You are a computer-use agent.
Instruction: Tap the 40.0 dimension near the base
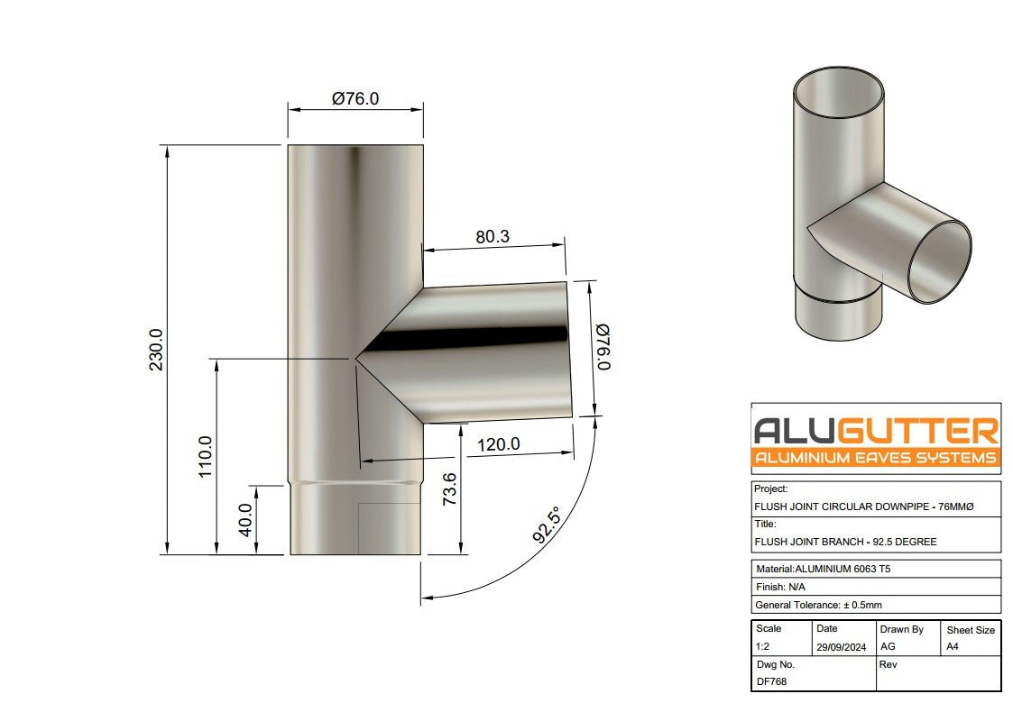[244, 520]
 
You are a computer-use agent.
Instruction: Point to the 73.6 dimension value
[449, 490]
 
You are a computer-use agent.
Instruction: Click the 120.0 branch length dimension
[498, 444]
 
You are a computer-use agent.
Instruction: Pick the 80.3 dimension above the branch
[493, 237]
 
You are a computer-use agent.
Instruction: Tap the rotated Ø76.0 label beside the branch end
[603, 347]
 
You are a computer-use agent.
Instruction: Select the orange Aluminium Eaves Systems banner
[875, 458]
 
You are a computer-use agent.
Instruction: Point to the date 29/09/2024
[841, 646]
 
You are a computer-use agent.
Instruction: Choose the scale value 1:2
[764, 646]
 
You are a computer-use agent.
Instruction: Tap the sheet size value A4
[953, 646]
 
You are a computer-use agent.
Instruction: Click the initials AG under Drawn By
[888, 646]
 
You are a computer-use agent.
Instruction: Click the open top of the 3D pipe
[838, 96]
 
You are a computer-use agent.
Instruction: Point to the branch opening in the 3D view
[939, 263]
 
